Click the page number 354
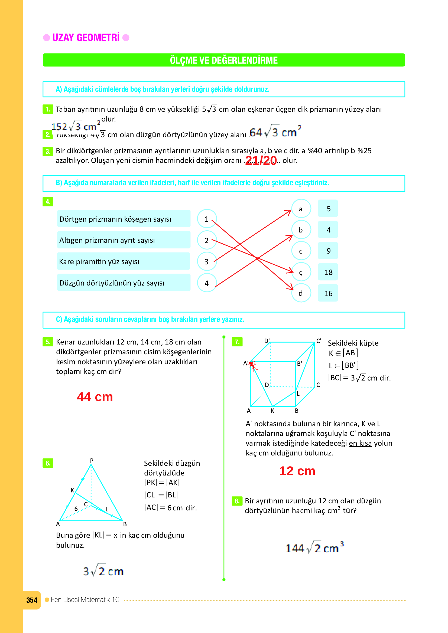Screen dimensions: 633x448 [x=32, y=600]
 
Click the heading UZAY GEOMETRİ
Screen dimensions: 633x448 [x=86, y=38]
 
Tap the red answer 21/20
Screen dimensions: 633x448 [x=261, y=160]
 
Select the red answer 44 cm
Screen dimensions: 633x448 [x=95, y=397]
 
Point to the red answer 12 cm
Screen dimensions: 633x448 [x=297, y=471]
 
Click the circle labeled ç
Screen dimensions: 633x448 [x=301, y=272]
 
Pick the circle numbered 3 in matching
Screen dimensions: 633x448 [x=207, y=262]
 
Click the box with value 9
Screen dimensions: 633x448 [x=328, y=251]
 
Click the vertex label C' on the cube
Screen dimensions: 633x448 [x=319, y=341]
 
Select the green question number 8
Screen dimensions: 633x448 [x=237, y=501]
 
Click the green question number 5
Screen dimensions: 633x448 [x=48, y=342]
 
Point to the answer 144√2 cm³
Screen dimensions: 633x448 [x=314, y=548]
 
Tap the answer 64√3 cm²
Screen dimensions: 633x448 [x=275, y=132]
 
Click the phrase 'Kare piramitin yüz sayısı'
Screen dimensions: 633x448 [x=99, y=262]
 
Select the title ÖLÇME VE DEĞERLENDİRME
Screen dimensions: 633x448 [x=224, y=60]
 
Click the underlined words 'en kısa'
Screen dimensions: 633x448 [x=360, y=443]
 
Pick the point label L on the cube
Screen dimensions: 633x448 [x=298, y=394]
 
